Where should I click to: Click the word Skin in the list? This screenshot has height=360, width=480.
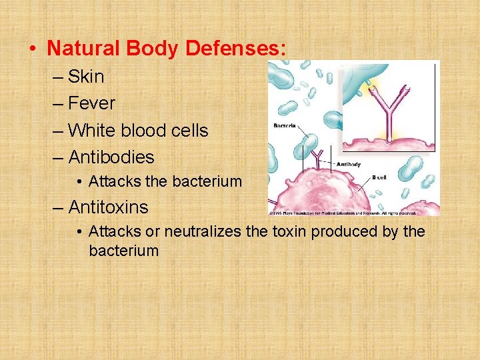(x=86, y=77)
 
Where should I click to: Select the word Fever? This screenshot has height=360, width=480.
(x=91, y=103)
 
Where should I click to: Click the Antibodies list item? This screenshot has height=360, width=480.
(x=111, y=157)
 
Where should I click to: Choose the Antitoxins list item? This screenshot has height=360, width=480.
(x=108, y=207)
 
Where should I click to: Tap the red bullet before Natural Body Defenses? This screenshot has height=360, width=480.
(x=32, y=49)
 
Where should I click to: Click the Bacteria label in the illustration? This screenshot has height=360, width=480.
(x=285, y=125)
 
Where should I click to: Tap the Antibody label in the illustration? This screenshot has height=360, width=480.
(x=349, y=164)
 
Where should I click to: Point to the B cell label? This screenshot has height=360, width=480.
(x=379, y=177)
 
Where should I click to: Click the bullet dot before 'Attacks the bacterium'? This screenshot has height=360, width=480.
(x=79, y=181)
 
